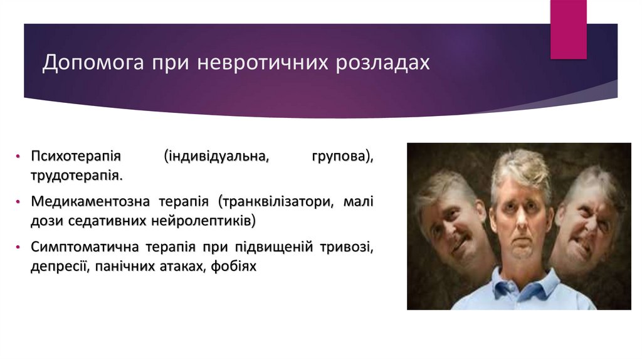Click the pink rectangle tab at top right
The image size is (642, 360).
coord(568,29)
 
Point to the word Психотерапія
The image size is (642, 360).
coord(76,156)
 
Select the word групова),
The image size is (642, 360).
coord(342,156)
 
